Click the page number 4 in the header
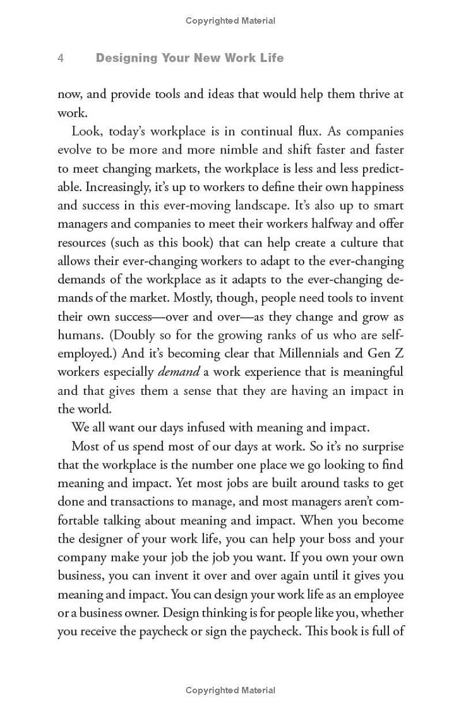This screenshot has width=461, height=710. [x=61, y=58]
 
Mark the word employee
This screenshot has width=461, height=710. [x=379, y=595]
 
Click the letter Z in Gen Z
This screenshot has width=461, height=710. [x=398, y=354]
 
